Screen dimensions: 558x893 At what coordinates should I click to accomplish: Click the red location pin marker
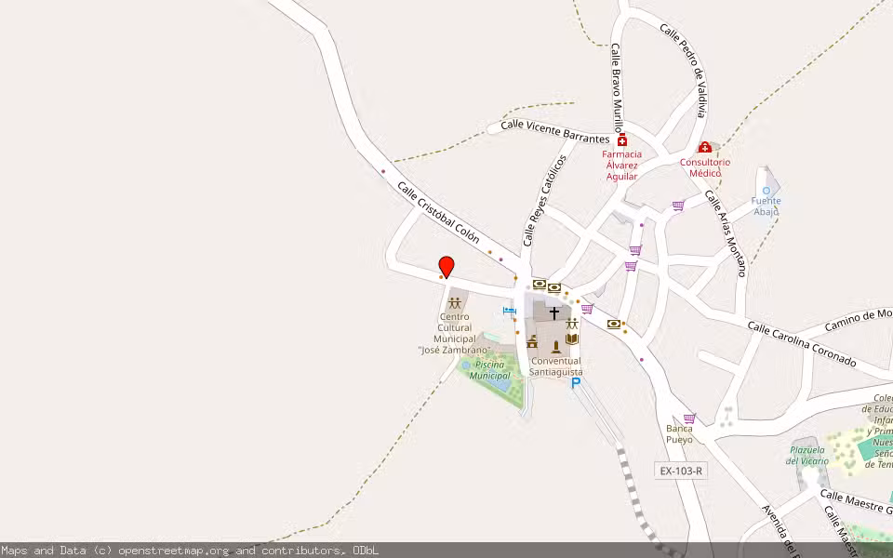[x=446, y=266]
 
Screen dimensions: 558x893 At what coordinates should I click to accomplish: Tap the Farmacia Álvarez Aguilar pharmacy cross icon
[x=621, y=140]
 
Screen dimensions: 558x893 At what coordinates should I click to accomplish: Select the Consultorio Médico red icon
[x=704, y=148]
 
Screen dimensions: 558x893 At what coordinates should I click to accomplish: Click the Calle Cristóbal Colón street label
[x=438, y=212]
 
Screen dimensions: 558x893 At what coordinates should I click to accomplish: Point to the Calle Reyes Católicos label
[x=544, y=200]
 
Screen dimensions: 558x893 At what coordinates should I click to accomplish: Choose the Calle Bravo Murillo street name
[x=616, y=88]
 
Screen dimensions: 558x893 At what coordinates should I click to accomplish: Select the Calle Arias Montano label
[x=726, y=233]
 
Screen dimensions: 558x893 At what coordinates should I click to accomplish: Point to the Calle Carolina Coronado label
[x=801, y=344]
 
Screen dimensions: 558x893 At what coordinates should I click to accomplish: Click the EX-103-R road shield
[x=681, y=471]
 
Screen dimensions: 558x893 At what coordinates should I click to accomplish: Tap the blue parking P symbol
[x=576, y=382]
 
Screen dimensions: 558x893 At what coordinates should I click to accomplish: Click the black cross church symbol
[x=554, y=313]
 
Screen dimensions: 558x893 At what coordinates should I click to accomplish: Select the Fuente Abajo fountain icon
[x=766, y=191]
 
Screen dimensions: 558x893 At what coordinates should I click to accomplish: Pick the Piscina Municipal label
[x=489, y=370]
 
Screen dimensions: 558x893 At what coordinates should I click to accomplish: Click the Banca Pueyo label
[x=679, y=433]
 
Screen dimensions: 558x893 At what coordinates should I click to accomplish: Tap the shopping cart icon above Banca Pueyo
[x=688, y=418]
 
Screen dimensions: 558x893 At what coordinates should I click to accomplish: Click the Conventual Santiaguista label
[x=555, y=366]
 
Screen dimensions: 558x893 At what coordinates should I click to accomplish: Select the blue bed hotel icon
[x=509, y=310]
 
